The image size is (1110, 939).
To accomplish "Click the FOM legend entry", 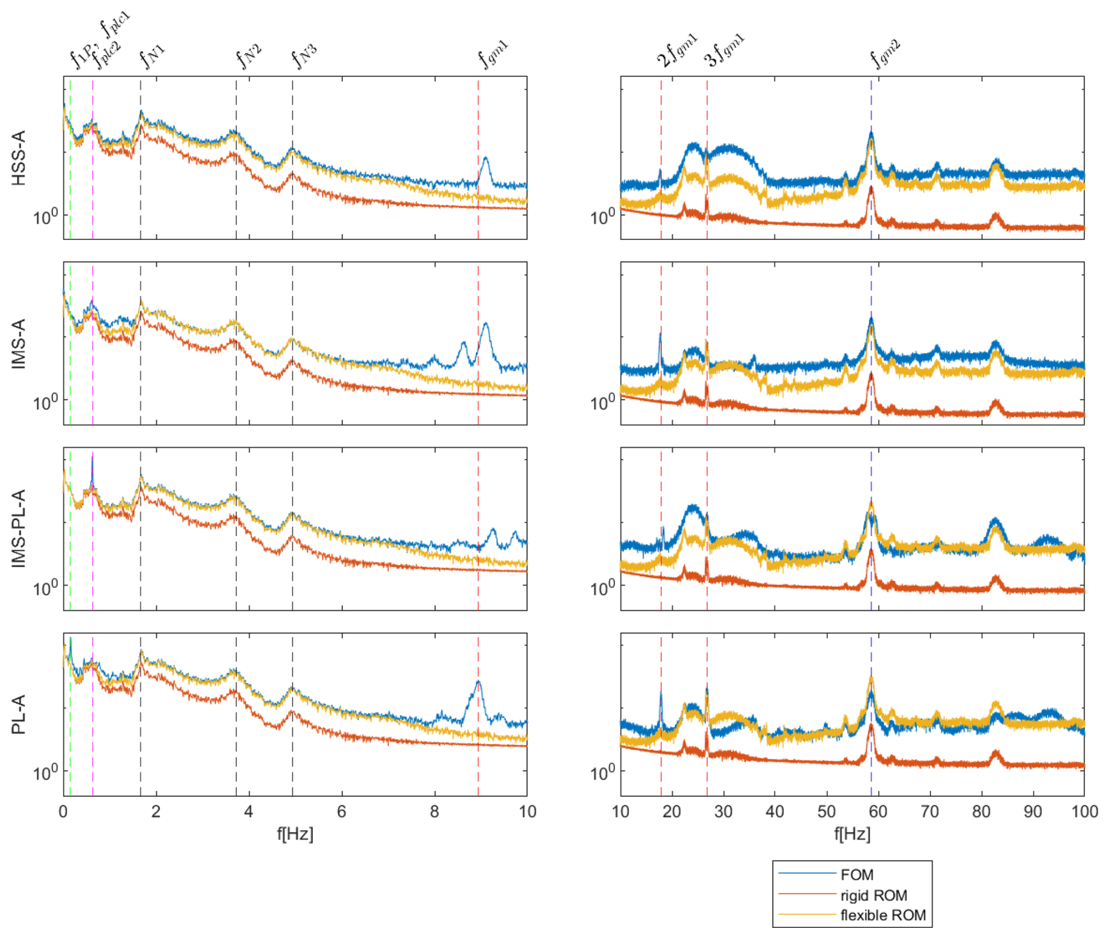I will (857, 874).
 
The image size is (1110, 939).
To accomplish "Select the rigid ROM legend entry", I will (873, 895).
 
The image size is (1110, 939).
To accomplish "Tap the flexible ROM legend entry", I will (882, 915).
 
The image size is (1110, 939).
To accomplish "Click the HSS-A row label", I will (19, 158).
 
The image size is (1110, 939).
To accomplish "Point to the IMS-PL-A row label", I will (19, 528).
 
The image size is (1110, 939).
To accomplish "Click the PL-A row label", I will (19, 714).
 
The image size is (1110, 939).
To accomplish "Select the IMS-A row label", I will (19, 344).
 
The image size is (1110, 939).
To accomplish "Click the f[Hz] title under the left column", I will (295, 833).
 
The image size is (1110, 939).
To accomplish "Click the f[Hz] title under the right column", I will (852, 833).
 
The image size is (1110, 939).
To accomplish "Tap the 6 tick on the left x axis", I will (341, 812).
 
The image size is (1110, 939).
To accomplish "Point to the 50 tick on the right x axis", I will (826, 812).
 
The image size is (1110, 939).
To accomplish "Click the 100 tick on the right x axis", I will (1084, 812).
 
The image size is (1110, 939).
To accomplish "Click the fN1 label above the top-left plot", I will (152, 56).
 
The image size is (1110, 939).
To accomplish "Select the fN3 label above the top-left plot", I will (304, 56).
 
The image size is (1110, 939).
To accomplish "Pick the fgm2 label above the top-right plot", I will (885, 54).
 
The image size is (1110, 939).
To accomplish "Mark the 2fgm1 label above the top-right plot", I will (676, 52).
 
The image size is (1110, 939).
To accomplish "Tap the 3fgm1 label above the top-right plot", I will (724, 52).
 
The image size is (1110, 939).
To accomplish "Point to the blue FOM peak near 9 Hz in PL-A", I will (479, 682).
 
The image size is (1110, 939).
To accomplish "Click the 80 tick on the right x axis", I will (981, 812).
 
